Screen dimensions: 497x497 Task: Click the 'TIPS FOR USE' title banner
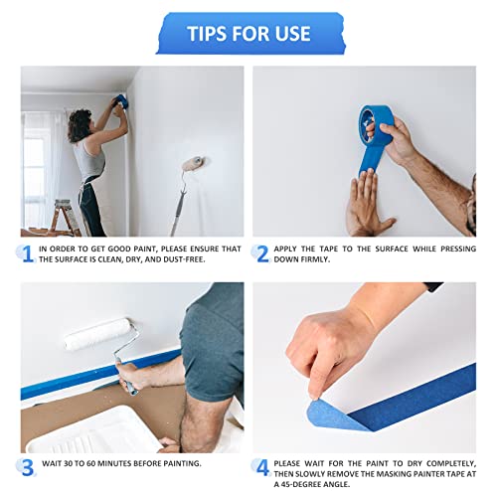[248, 33]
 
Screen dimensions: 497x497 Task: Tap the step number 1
[28, 253]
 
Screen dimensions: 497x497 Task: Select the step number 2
[262, 253]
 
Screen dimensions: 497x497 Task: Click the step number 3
[29, 464]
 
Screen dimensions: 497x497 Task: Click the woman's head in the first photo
[80, 125]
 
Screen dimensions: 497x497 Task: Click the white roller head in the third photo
[99, 333]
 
